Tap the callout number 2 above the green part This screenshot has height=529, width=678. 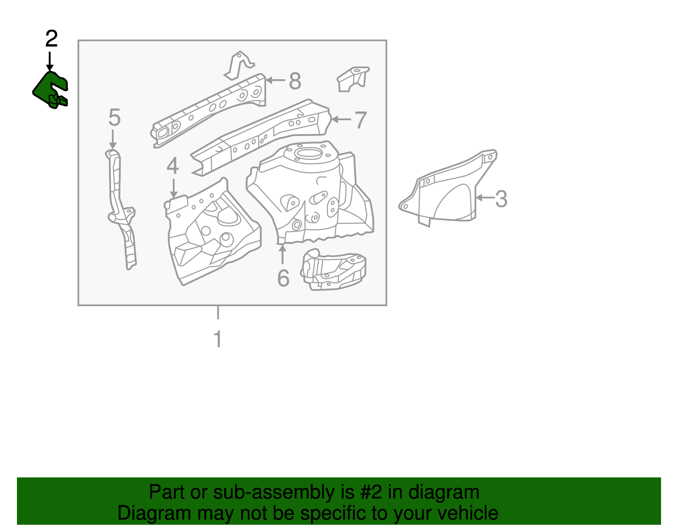(x=51, y=39)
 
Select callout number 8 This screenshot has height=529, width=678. (x=295, y=80)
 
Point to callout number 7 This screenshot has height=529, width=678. (x=360, y=120)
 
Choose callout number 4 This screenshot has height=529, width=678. (x=172, y=166)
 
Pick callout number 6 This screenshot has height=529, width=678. (x=283, y=278)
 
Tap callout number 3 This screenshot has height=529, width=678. (x=501, y=199)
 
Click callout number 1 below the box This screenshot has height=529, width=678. (x=218, y=339)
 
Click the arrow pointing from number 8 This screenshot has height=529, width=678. (x=275, y=80)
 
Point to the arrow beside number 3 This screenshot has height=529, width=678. (x=484, y=198)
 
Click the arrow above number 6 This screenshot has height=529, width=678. (x=282, y=255)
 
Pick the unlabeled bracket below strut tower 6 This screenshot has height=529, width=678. (x=333, y=271)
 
